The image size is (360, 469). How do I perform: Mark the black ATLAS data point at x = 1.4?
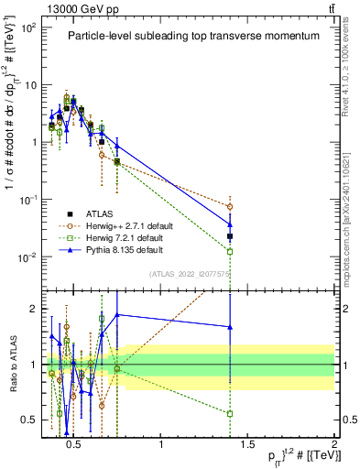coord(230,236)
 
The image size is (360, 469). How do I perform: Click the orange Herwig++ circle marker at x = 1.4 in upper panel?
coord(230,207)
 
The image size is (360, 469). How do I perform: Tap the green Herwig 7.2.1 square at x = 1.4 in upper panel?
coord(230,251)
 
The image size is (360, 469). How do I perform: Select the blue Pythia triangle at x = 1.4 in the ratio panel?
coord(230,326)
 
